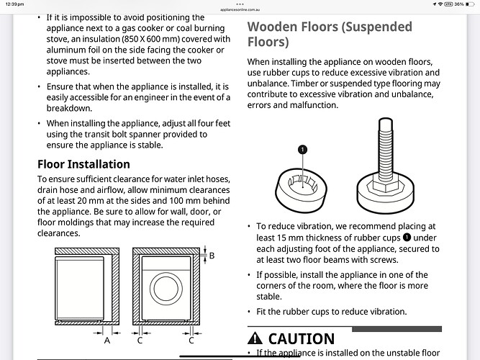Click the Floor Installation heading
[x=83, y=164]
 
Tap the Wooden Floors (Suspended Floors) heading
[x=330, y=35]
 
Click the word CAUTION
[x=302, y=339]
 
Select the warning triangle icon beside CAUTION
[x=255, y=338]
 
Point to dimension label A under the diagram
[x=107, y=341]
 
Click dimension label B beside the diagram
[x=212, y=256]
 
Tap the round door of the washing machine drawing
[x=166, y=289]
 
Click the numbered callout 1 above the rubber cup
[x=302, y=150]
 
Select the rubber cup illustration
[x=302, y=190]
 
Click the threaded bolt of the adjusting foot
[x=386, y=150]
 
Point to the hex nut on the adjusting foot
[x=386, y=185]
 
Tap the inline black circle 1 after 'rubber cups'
[x=407, y=238]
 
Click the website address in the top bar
[x=240, y=10]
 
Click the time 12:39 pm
[x=14, y=4]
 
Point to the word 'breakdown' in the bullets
[x=68, y=108]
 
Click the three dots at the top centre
[x=240, y=4]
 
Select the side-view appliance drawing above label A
[x=80, y=289]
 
